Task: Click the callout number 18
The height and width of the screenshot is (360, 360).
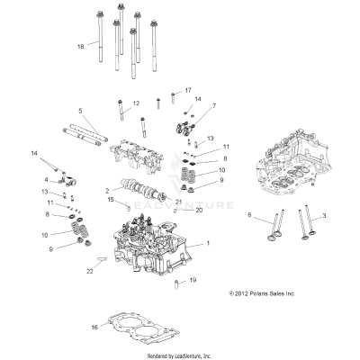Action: click(x=81, y=46)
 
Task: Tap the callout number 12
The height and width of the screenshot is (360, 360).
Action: click(x=137, y=104)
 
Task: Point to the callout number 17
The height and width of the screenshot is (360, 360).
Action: click(x=187, y=91)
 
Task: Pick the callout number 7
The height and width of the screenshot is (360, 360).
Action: click(x=213, y=106)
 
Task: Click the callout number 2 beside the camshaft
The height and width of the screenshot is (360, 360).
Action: click(x=107, y=191)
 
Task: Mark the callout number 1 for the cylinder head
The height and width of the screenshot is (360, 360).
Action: click(x=209, y=244)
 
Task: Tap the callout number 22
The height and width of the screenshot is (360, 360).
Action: click(x=90, y=271)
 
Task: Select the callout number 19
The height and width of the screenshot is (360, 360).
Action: click(x=192, y=281)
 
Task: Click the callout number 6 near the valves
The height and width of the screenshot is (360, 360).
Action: click(x=249, y=215)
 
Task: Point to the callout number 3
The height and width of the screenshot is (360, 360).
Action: click(x=325, y=216)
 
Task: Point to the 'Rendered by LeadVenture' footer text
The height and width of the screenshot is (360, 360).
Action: click(x=179, y=354)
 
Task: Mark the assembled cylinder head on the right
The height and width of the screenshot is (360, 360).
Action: click(x=296, y=172)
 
